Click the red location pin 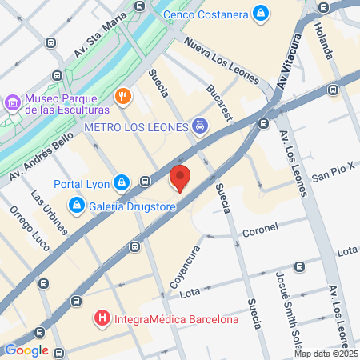180,178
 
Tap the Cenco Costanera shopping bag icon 260,14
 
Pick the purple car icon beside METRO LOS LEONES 199,126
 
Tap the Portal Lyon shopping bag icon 120,183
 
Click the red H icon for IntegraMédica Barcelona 102,320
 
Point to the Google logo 26,350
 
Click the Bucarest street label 219,102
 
